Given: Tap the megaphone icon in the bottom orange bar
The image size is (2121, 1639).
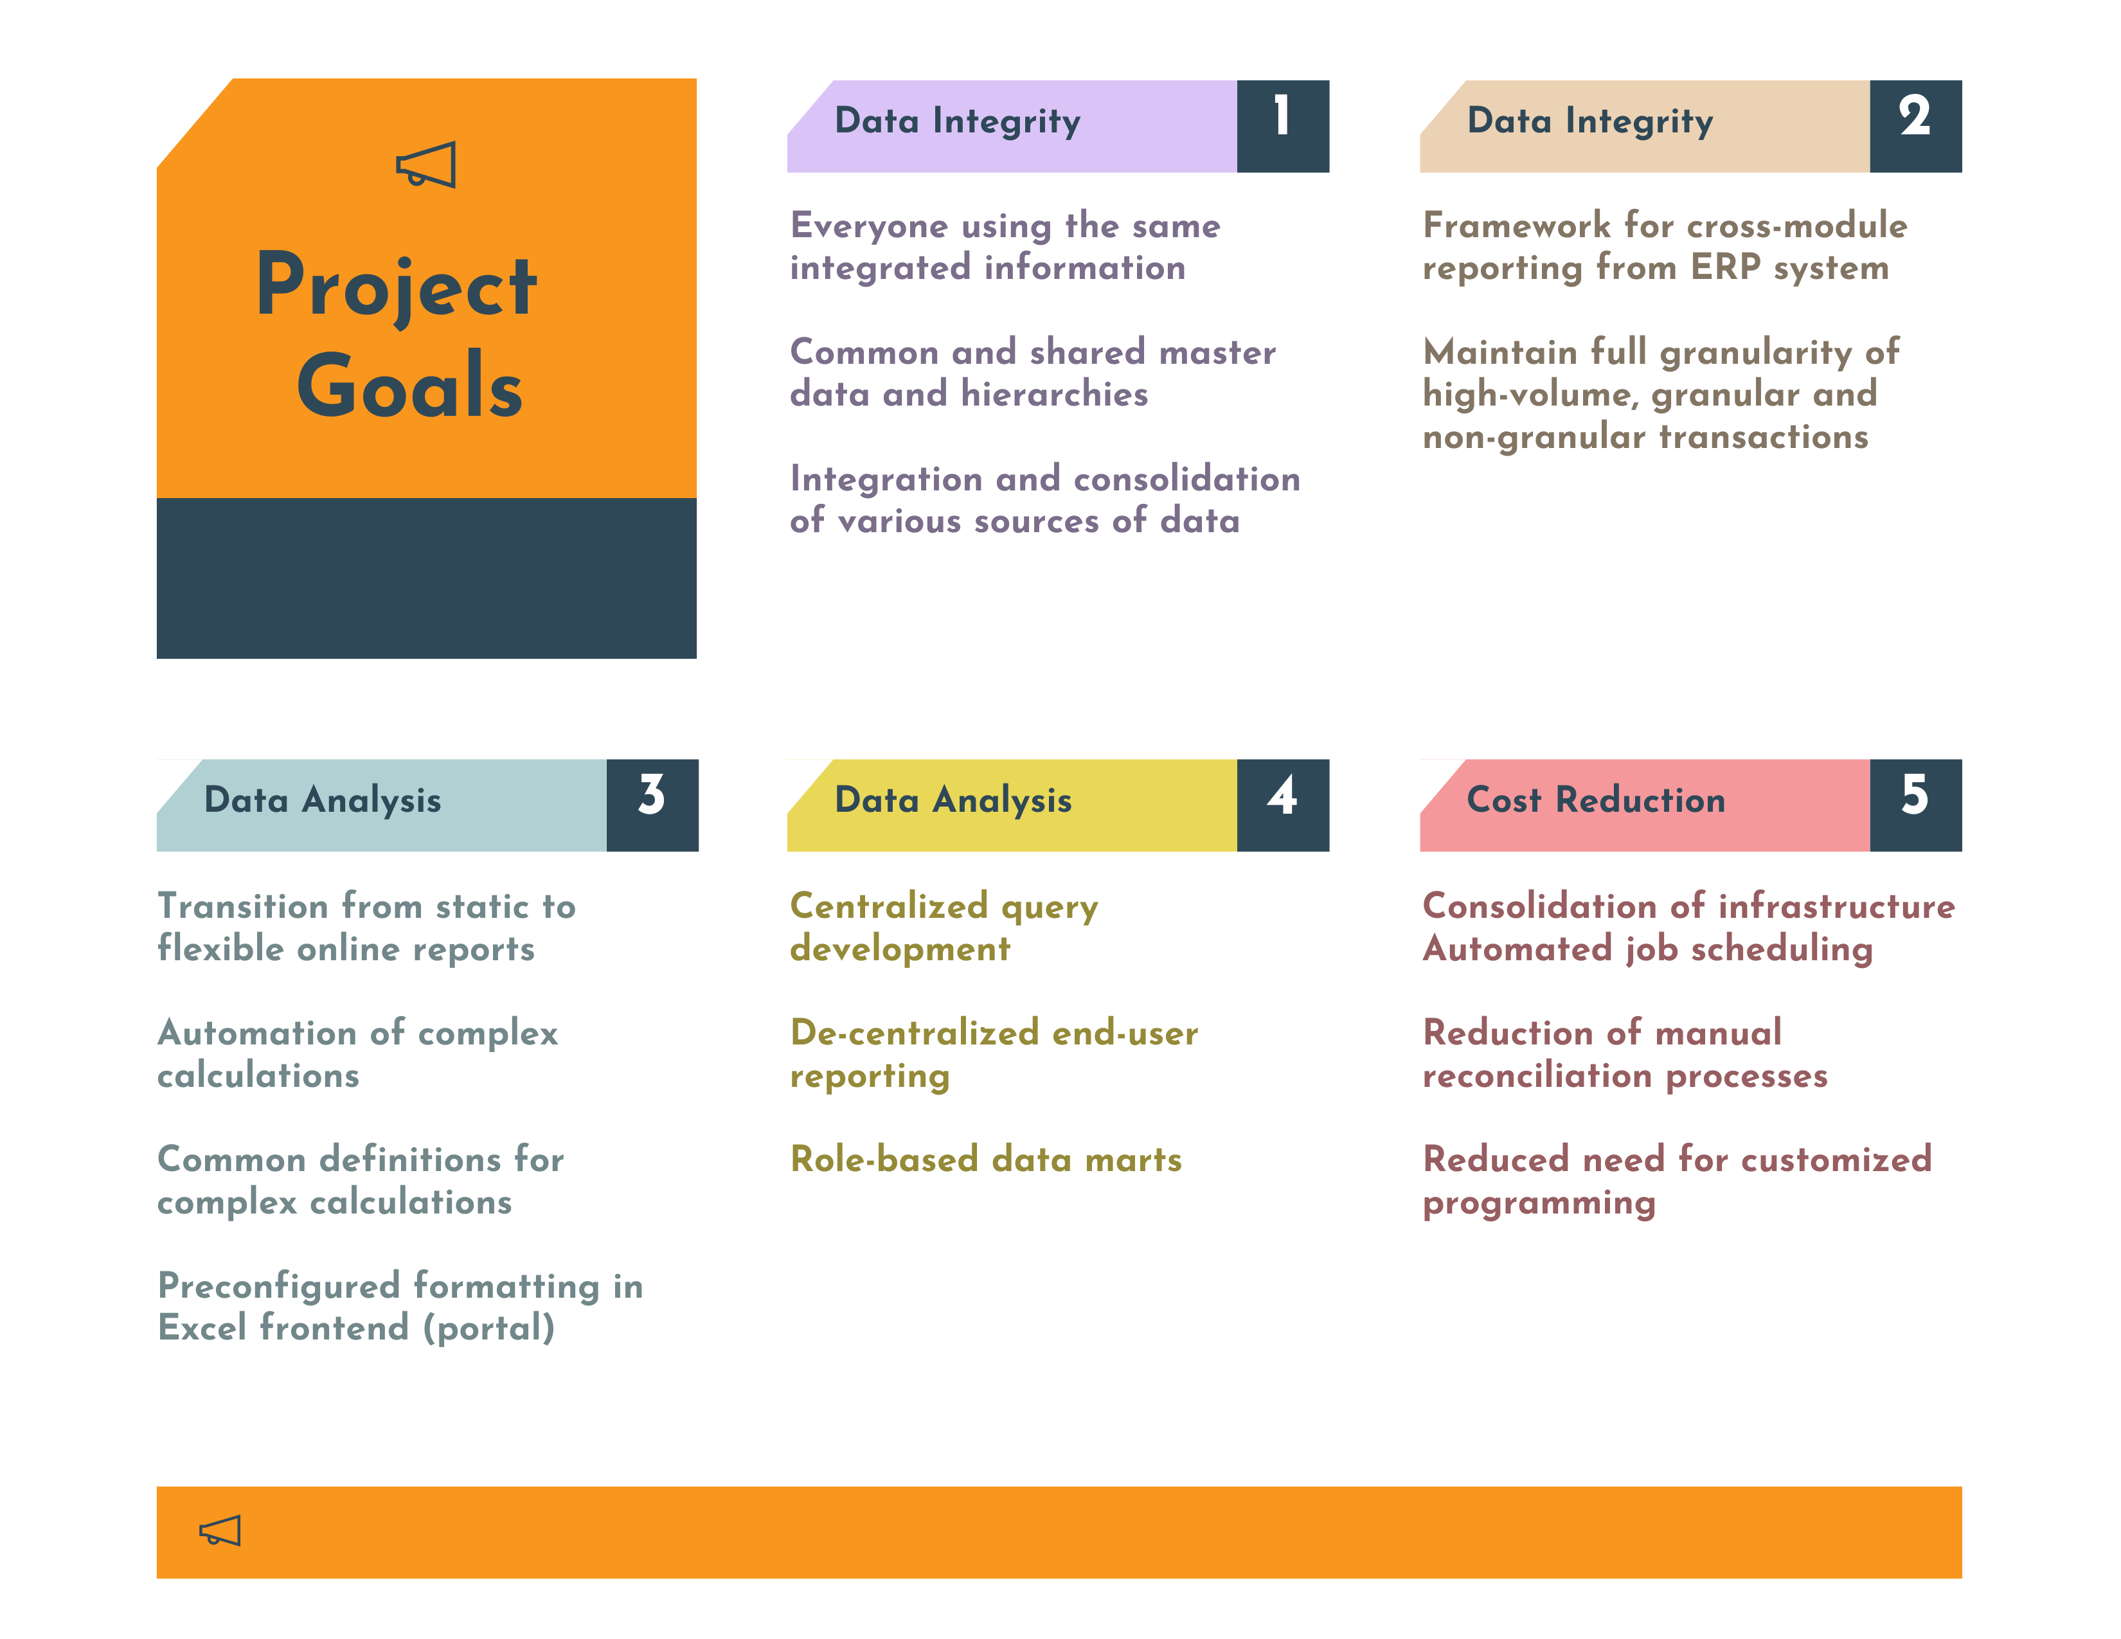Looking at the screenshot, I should coord(219,1531).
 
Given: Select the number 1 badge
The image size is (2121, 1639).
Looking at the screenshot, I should coord(1282,125).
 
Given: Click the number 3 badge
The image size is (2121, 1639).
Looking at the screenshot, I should coord(652,805).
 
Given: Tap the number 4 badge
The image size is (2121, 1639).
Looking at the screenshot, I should coord(1282,805).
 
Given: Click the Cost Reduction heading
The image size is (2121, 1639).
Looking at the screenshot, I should coord(1596,800).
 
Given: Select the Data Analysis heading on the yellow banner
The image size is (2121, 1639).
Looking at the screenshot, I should coord(953,800).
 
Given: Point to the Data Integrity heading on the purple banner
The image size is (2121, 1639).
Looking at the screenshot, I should coord(956,121).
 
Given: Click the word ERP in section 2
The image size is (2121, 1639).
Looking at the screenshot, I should coord(1726,267).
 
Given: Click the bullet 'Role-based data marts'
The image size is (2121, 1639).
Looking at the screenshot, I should coord(986,1160).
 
